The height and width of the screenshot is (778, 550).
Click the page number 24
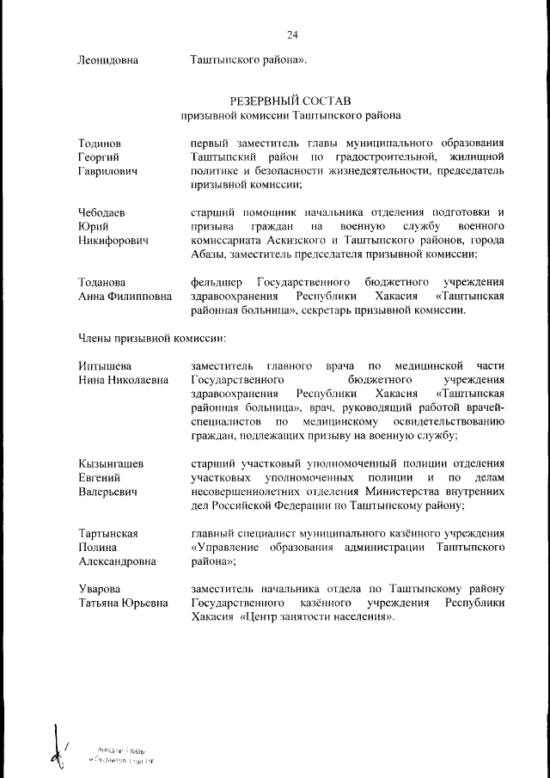tap(292, 34)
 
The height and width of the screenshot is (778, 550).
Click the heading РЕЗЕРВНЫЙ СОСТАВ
tap(291, 101)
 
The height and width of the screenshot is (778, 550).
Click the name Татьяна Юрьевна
tap(119, 603)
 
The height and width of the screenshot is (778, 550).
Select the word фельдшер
tap(217, 283)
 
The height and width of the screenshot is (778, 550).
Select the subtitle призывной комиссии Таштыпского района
tap(291, 115)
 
